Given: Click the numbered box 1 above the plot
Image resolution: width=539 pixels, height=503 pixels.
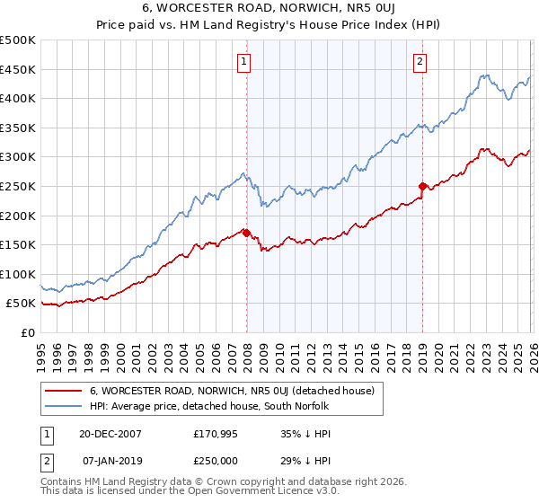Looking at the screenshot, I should click(244, 62).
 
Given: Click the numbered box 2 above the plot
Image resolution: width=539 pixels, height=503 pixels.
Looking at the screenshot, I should click(420, 62).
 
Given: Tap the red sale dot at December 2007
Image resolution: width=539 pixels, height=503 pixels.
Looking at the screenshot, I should click(246, 233).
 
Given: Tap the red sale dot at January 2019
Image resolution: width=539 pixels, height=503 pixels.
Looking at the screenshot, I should click(421, 186).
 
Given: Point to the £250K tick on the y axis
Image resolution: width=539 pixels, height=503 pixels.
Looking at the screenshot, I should click(19, 186).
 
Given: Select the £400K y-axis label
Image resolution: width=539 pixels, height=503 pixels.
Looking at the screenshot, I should click(19, 98).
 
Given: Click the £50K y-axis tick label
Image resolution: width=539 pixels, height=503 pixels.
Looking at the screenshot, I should click(22, 304).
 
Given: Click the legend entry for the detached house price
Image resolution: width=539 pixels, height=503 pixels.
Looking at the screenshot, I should click(237, 391).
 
